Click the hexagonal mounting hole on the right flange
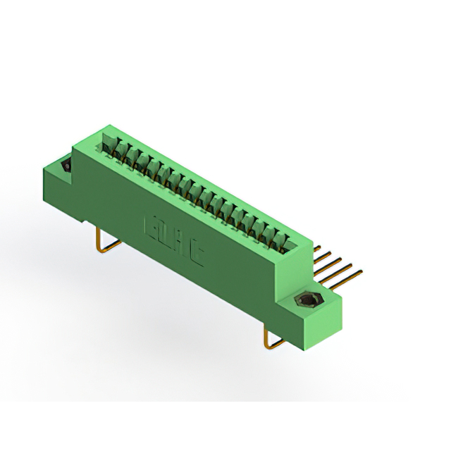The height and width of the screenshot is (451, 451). point(307,302)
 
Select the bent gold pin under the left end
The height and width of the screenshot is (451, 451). point(106,243)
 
